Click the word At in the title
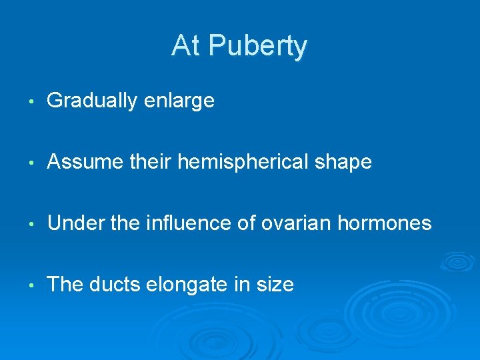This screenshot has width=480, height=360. pos(186,45)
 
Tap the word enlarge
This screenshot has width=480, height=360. pos(180,102)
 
